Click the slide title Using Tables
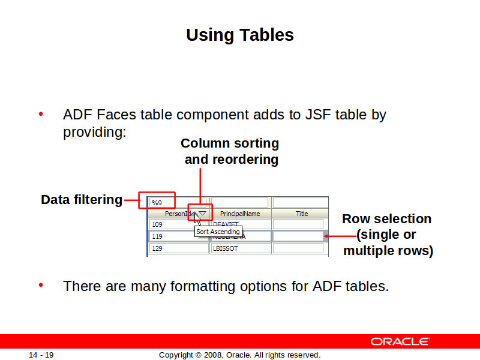(x=239, y=35)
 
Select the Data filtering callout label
(x=81, y=200)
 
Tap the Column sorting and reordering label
(x=230, y=151)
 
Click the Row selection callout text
(x=387, y=235)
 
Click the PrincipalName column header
(x=240, y=214)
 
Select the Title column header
(x=301, y=214)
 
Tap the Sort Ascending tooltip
(x=218, y=232)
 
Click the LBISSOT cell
(x=240, y=248)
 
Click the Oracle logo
(x=400, y=341)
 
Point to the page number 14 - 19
(x=41, y=355)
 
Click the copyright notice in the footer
(x=239, y=355)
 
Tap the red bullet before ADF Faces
(x=41, y=114)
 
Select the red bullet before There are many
(x=41, y=286)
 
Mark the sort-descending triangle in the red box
(x=203, y=213)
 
